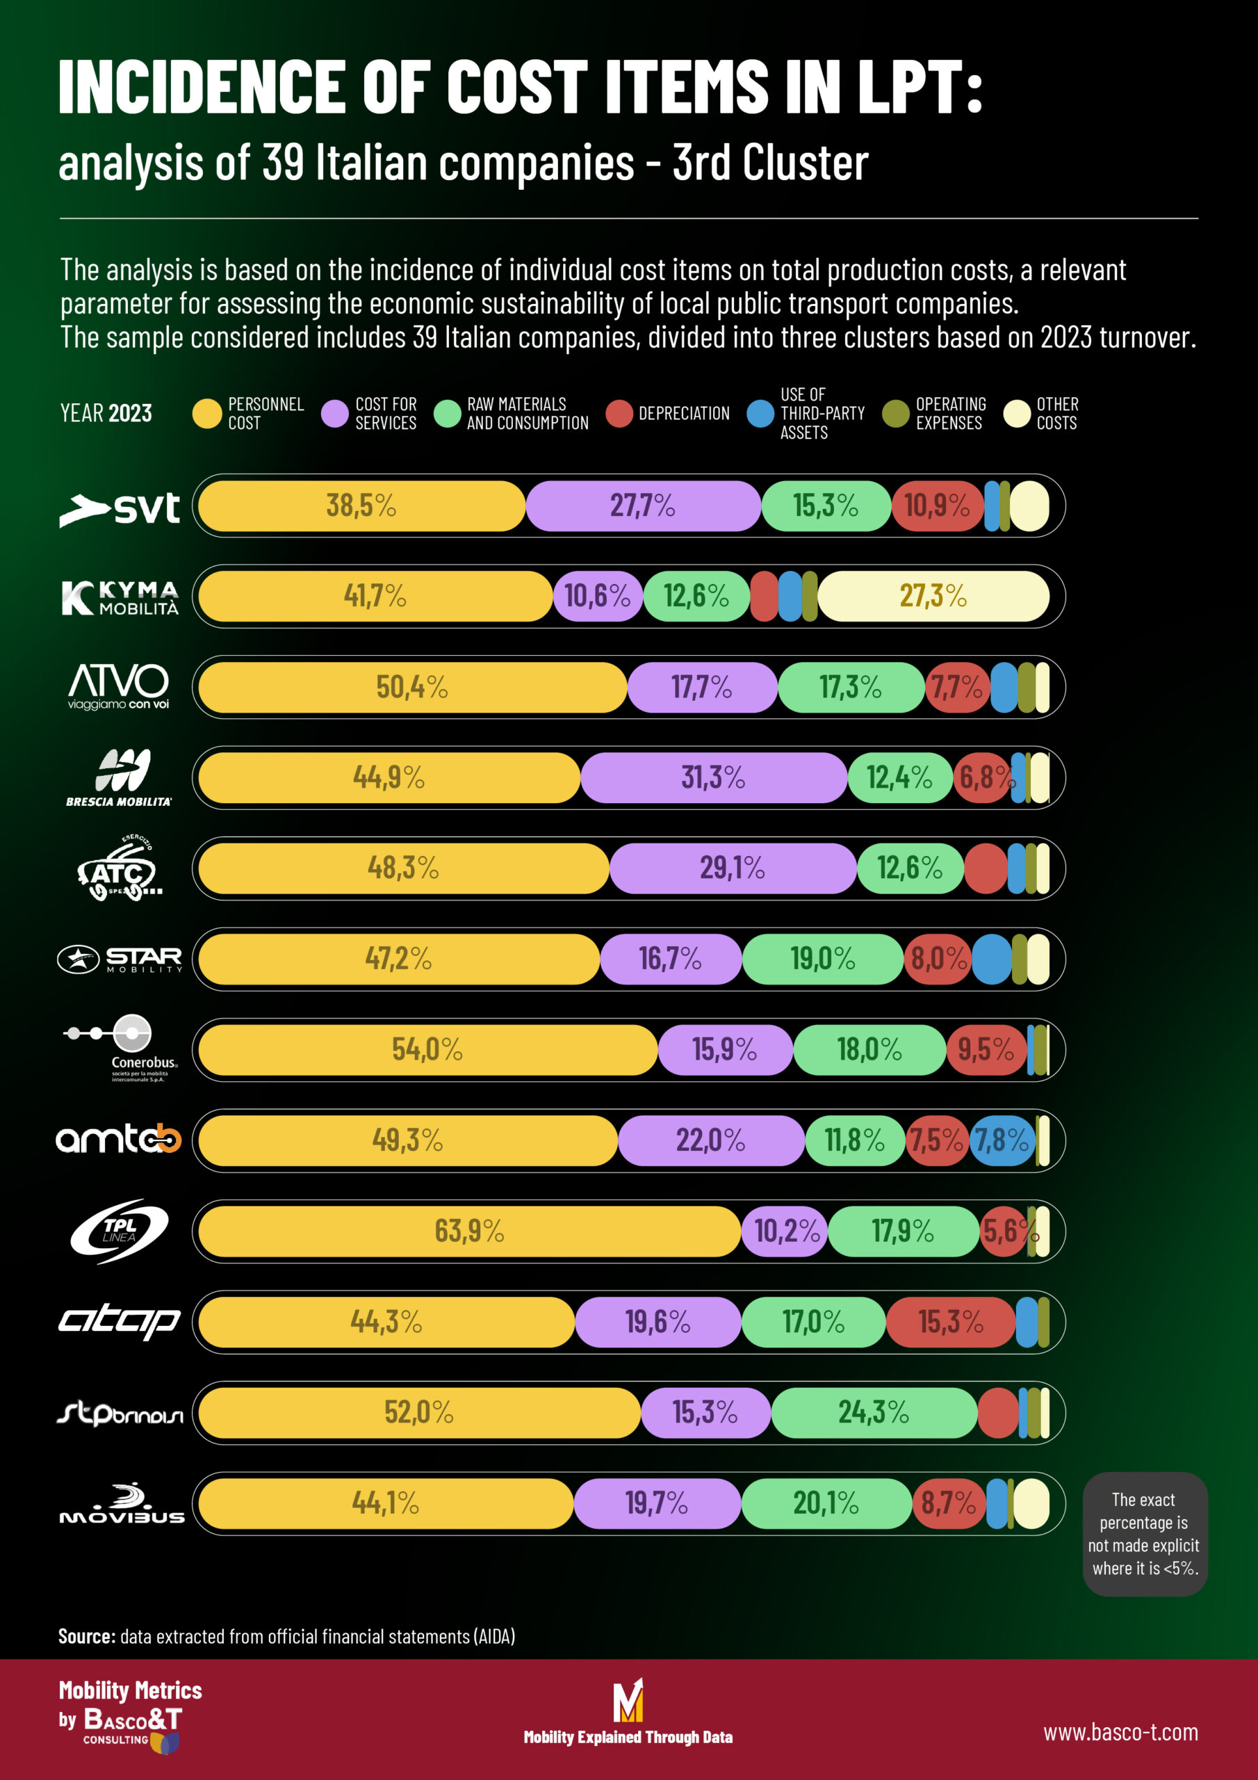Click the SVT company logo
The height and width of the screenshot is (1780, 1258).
120,508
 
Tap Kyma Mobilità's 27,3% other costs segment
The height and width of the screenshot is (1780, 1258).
933,596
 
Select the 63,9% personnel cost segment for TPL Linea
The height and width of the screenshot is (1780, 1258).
469,1231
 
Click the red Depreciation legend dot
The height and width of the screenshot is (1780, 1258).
619,414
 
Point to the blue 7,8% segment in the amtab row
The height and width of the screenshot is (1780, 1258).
1002,1140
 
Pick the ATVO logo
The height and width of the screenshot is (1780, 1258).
119,686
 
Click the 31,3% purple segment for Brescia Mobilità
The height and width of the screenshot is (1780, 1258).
713,777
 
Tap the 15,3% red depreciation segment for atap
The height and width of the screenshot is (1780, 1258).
950,1322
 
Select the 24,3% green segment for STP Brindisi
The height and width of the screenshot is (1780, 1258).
874,1412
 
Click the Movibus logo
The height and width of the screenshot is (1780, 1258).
122,1504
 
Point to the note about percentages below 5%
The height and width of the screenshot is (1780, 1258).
1144,1535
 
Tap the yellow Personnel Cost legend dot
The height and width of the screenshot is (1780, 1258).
207,414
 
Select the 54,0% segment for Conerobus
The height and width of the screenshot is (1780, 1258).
427,1050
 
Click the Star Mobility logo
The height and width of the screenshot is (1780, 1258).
120,959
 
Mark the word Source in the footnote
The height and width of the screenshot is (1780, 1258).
87,1637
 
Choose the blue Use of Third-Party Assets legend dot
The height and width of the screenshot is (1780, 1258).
760,414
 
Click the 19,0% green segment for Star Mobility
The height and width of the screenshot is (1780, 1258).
822,959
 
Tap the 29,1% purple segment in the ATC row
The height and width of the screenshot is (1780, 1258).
733,868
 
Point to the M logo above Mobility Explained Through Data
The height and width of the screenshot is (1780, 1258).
628,1699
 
